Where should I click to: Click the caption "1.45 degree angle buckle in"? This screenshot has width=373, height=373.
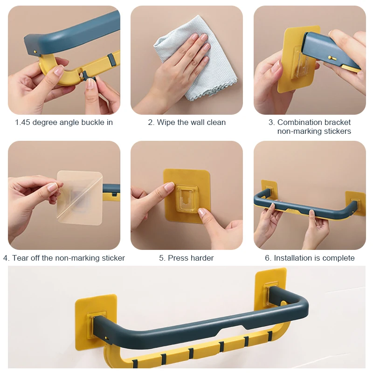click(x=64, y=123)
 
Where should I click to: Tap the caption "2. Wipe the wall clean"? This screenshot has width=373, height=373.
click(x=186, y=123)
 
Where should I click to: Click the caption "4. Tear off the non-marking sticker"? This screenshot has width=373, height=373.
click(x=64, y=258)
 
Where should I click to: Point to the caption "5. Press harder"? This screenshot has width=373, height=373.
click(x=186, y=258)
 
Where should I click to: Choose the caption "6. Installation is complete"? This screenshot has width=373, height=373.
click(x=310, y=258)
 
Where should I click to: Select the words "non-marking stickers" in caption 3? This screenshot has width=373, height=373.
click(x=314, y=131)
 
